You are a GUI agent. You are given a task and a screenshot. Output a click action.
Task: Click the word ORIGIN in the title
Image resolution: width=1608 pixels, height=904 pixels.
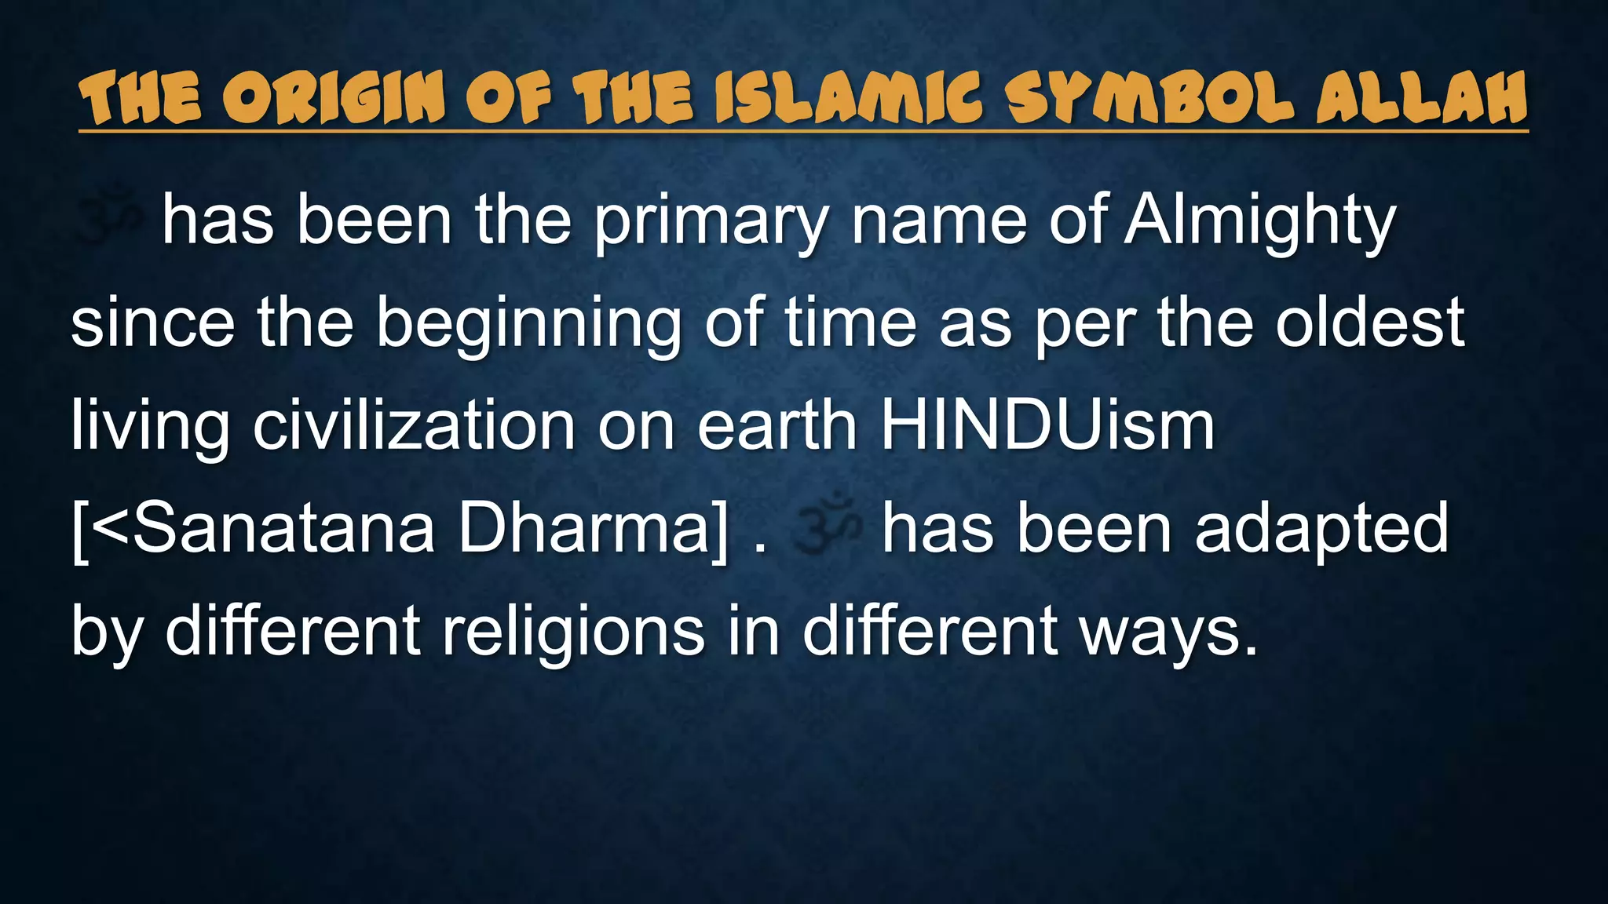click(x=333, y=99)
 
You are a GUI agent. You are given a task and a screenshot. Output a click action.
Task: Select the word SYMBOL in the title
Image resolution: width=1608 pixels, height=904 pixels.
click(x=1149, y=99)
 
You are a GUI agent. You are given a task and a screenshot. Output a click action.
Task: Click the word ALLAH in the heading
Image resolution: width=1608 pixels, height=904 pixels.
click(x=1422, y=99)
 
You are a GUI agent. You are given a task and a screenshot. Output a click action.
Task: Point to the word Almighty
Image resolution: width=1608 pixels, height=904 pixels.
click(x=1259, y=223)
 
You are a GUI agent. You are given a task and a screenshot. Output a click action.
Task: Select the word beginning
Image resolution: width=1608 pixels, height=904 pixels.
click(x=528, y=325)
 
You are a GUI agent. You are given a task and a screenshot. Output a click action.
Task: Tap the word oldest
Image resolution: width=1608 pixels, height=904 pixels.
click(x=1369, y=323)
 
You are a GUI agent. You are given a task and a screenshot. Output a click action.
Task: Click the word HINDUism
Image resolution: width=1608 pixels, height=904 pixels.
click(x=1047, y=426)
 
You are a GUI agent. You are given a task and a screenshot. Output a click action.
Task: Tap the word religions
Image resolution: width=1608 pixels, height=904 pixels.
click(x=573, y=632)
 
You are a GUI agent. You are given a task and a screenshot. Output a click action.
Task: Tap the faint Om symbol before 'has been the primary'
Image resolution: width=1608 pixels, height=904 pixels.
click(x=108, y=213)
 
